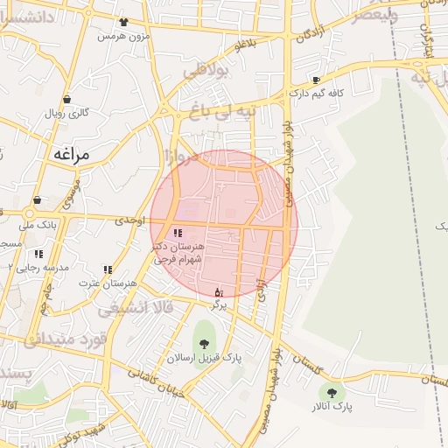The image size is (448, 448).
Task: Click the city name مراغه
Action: coord(72,154)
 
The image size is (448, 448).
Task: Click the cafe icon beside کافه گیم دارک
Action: coord(316,80)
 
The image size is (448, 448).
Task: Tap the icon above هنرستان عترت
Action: coord(108,269)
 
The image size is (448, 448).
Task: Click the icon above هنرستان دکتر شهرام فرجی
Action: coord(178,234)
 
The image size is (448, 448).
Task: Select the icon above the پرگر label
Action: coord(219,291)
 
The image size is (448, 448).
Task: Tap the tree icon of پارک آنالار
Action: coord(332,393)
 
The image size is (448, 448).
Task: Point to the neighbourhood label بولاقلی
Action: coord(206,70)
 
